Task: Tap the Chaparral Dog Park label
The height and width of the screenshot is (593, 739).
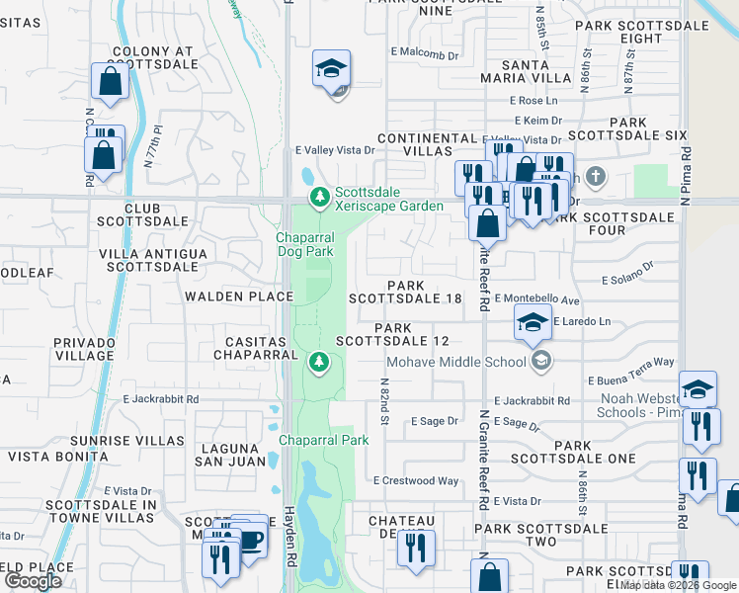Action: point(304,245)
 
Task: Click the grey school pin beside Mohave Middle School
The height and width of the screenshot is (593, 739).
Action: point(540,362)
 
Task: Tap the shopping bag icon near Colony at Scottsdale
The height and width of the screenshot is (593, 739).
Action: point(110,83)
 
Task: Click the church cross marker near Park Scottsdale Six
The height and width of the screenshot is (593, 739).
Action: point(594,178)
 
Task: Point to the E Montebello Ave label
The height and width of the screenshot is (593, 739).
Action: point(536,298)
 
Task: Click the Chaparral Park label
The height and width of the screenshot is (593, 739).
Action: point(323,440)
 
